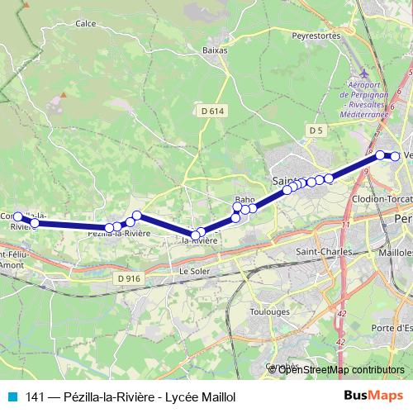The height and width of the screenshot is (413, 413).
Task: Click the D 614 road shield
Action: pyautogui.click(x=211, y=111)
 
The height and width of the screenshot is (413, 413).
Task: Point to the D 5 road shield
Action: pyautogui.click(x=316, y=131)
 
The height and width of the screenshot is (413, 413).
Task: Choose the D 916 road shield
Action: pyautogui.click(x=130, y=278)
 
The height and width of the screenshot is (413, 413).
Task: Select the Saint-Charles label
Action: pyautogui.click(x=324, y=252)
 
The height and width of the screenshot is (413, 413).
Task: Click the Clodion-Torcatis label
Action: pyautogui.click(x=382, y=201)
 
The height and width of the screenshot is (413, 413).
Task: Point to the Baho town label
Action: pyautogui.click(x=244, y=200)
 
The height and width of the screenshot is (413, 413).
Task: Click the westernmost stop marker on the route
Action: pyautogui.click(x=18, y=216)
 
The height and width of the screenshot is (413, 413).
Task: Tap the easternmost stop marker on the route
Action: pyautogui.click(x=395, y=156)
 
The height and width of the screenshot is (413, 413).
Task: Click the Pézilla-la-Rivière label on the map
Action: pyautogui.click(x=119, y=234)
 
